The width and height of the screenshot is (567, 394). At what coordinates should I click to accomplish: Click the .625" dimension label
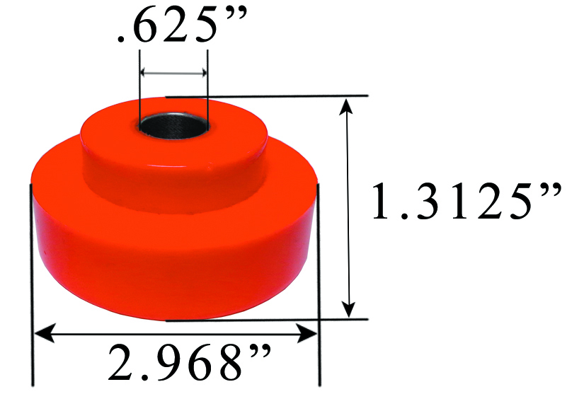[176, 28]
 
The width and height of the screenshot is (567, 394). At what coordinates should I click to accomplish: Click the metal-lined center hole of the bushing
[173, 124]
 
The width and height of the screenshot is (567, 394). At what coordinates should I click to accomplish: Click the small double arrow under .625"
[173, 72]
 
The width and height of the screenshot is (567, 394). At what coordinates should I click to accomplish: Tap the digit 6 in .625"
[147, 28]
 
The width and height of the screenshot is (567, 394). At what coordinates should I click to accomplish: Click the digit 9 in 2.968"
[157, 363]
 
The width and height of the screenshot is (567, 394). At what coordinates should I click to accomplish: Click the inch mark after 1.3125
[549, 190]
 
